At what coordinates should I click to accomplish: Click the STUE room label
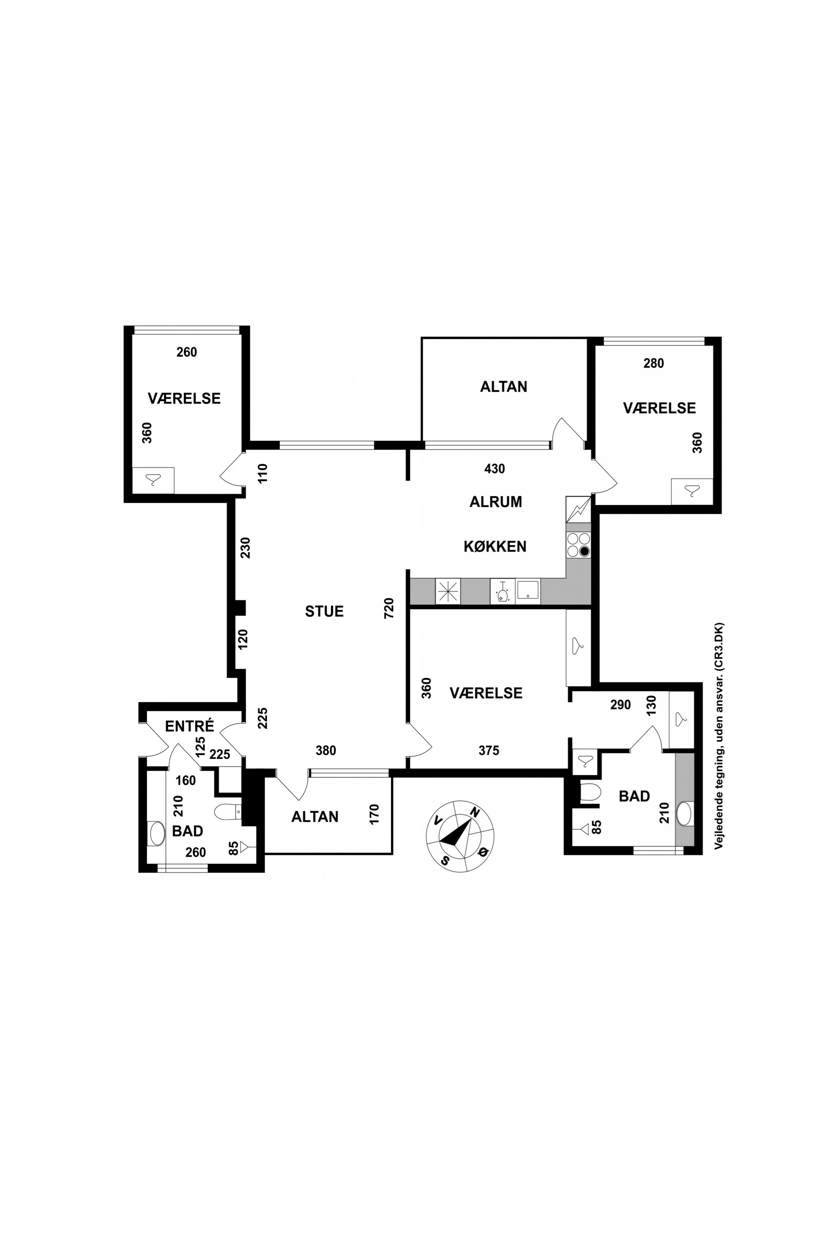pos(324,611)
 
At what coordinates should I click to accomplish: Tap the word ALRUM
pos(495,502)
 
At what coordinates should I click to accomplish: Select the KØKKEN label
pos(495,546)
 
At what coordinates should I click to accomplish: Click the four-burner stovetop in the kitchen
pos(578,544)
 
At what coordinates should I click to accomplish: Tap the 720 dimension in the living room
pos(389,608)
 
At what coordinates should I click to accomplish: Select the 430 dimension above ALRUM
pos(495,469)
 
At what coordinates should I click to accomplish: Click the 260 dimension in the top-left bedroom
pos(187,352)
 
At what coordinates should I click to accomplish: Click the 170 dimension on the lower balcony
pos(374,814)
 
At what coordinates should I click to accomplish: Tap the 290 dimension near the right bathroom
pos(621,705)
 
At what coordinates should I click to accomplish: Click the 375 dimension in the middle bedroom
pos(489,750)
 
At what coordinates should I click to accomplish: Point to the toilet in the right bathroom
pos(591,793)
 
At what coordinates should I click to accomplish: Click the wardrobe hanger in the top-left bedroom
pos(153,480)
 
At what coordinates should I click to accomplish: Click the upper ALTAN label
pos(503,387)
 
